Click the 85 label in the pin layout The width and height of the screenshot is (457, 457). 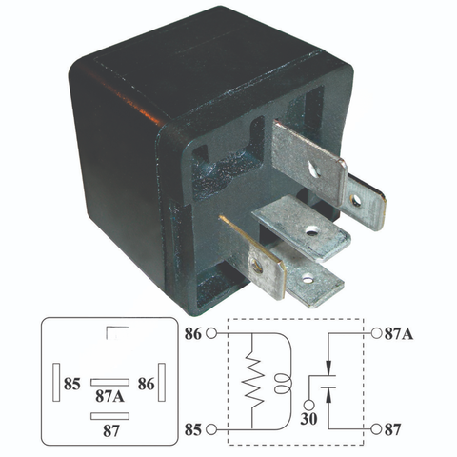tap(72, 384)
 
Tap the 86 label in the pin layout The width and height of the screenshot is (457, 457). tap(147, 384)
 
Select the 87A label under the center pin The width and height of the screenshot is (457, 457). tap(109, 396)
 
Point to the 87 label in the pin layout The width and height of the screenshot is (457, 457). tap(111, 430)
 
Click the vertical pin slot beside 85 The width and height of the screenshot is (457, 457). tap(56, 382)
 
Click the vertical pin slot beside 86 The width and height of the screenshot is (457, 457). tap(162, 382)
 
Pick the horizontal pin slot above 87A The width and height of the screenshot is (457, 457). tap(109, 382)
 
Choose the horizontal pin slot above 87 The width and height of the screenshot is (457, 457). tap(109, 416)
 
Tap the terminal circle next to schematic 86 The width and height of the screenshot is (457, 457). tap(211, 334)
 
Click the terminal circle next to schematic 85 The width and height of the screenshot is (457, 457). tap(211, 429)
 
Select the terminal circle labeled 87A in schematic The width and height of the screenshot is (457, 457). tap(376, 333)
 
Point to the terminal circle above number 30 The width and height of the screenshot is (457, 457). tap(308, 406)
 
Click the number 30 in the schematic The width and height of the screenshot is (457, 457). tap(308, 419)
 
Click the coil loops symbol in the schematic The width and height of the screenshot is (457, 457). tap(282, 384)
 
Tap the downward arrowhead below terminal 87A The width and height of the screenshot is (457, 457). tap(328, 368)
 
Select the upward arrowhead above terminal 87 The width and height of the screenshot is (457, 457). tap(328, 395)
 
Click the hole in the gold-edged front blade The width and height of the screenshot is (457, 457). tap(257, 267)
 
